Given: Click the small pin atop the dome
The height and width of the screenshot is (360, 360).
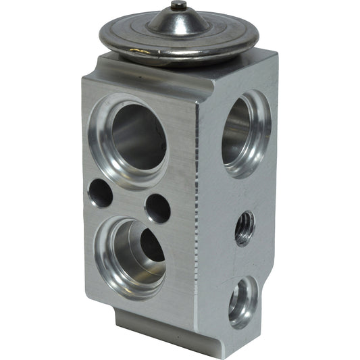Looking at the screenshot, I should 178,6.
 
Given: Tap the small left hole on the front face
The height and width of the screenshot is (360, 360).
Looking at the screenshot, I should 100,194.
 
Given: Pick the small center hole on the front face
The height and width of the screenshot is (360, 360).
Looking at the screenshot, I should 157,208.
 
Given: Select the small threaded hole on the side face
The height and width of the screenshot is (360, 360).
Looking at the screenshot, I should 245,228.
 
